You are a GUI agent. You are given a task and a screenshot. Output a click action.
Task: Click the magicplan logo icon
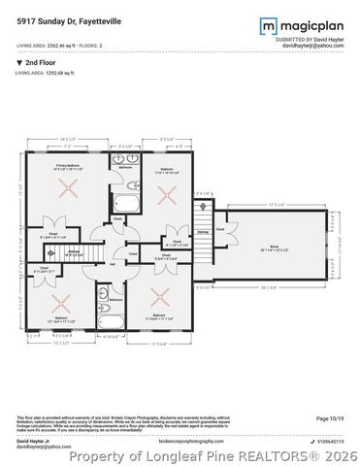click(x=266, y=25)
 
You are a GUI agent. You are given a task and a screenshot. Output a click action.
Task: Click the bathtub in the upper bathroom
click(x=127, y=203)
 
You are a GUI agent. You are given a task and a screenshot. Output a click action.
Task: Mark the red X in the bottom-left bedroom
click(x=61, y=297)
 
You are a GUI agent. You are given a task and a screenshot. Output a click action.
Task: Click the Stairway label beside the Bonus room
click(x=203, y=232)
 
